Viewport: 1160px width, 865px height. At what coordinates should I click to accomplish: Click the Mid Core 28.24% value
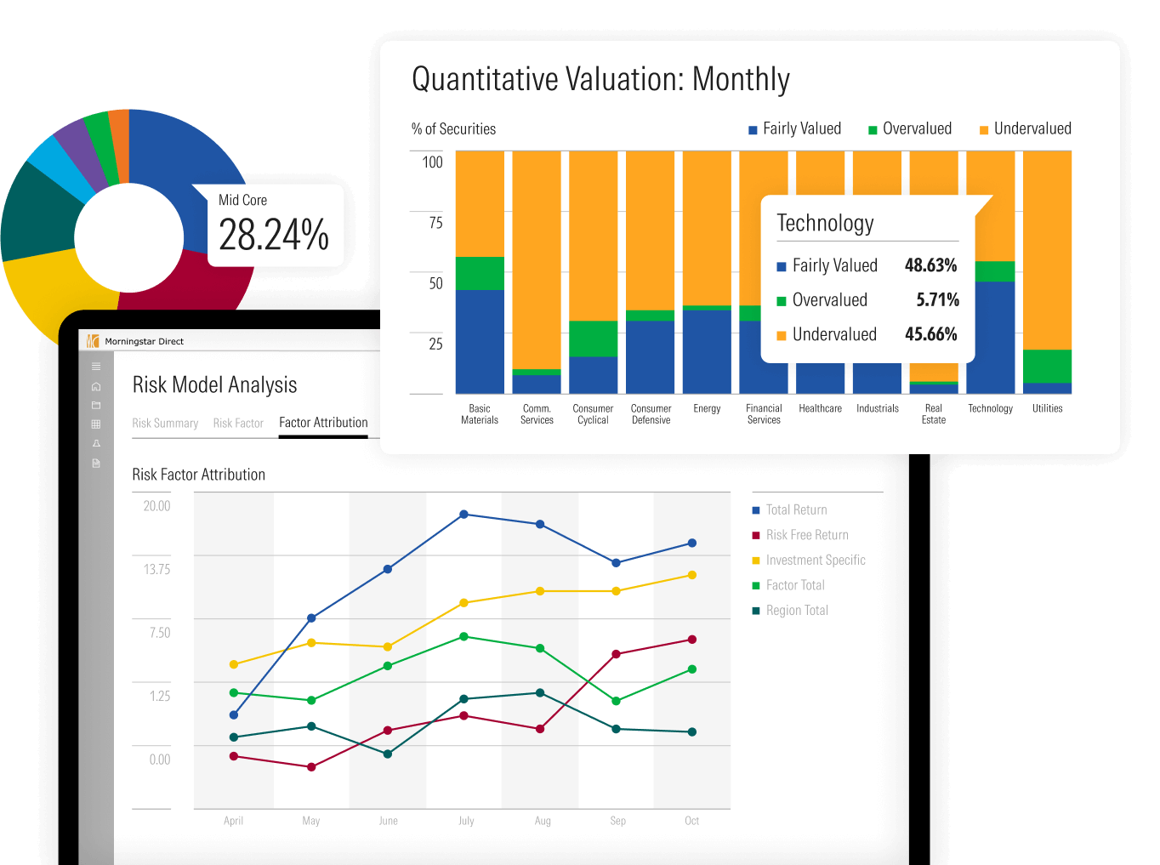coord(274,235)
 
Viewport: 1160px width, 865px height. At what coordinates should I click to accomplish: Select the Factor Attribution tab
coord(323,423)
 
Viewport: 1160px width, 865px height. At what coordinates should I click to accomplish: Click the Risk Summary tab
coord(165,424)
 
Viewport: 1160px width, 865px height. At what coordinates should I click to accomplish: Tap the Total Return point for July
coord(463,515)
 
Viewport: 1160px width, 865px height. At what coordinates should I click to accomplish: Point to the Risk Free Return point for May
coord(311,767)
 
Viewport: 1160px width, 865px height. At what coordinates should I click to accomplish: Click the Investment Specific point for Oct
coord(692,575)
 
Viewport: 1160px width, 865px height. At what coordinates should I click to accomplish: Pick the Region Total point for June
coord(388,754)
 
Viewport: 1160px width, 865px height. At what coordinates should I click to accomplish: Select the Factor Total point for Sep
coord(616,701)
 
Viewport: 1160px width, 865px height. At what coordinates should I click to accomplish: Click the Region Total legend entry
coord(796,611)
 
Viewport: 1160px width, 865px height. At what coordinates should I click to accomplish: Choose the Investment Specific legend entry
coord(815,561)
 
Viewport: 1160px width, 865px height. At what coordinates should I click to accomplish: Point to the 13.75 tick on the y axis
coord(156,569)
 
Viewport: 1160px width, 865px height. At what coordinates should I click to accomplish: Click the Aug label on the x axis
coord(543,821)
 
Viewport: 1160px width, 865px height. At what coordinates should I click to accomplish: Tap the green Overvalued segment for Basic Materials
coord(480,273)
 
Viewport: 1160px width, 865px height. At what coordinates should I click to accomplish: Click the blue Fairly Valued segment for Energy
coord(707,350)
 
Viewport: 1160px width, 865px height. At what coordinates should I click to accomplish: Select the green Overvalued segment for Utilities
coord(1047,366)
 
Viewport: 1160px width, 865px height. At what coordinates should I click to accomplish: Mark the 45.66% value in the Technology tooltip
coord(930,334)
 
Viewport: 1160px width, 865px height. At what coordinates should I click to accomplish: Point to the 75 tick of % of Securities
coord(435,223)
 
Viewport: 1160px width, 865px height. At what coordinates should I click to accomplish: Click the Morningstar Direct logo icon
coord(93,341)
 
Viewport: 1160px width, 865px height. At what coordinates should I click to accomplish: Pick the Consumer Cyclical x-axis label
coord(593,414)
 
